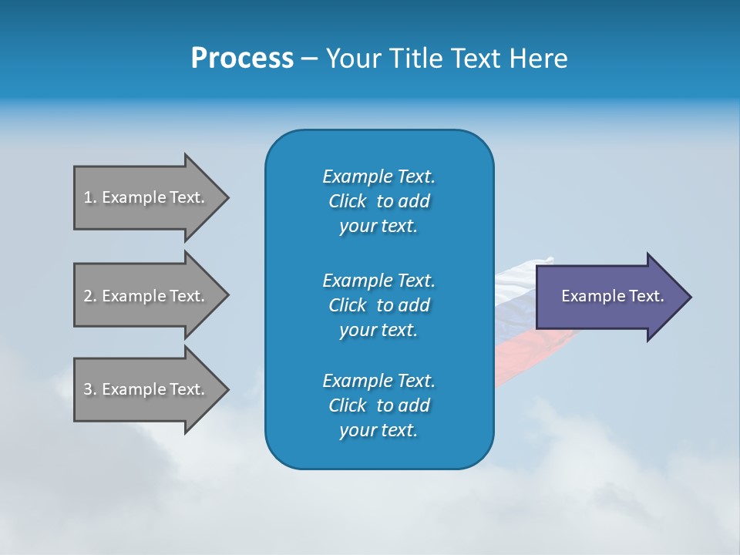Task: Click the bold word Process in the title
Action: click(242, 59)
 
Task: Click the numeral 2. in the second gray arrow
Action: click(89, 296)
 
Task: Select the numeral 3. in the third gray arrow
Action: click(89, 389)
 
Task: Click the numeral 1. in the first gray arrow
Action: click(89, 197)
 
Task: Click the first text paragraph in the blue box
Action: click(378, 201)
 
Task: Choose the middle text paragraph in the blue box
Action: click(378, 304)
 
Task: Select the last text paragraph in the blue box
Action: click(378, 405)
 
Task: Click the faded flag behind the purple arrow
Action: click(515, 324)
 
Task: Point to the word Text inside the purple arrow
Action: click(647, 296)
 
